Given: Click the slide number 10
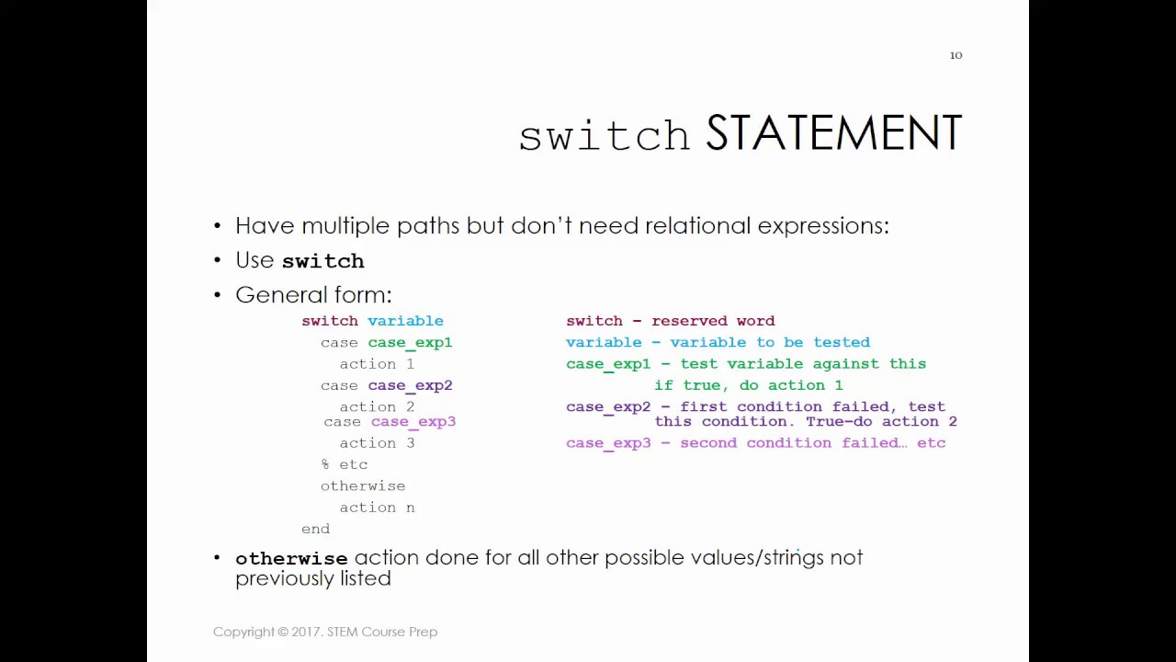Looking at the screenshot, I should click(x=955, y=55).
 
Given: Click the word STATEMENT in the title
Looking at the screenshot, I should click(x=833, y=134).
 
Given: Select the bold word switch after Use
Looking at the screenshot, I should click(x=322, y=261).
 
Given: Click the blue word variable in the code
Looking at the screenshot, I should click(x=405, y=321).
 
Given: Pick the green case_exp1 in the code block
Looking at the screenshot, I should click(x=410, y=342).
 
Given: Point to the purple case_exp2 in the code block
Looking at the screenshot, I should click(x=410, y=385).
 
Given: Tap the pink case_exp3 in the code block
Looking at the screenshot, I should click(x=413, y=421).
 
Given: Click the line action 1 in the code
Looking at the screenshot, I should click(x=377, y=364).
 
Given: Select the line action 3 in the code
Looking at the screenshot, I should click(x=377, y=443).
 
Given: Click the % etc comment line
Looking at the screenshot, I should click(x=345, y=464).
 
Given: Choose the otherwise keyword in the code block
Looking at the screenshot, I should click(x=363, y=485).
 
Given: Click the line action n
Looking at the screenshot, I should click(x=377, y=508).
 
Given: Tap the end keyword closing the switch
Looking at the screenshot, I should click(x=315, y=529).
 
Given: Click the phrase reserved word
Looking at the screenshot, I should click(x=713, y=321).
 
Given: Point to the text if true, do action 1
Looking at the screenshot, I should click(x=748, y=385).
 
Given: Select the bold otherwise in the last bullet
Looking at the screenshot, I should click(x=291, y=558).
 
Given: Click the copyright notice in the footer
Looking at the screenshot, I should click(x=325, y=632).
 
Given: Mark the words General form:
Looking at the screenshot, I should click(x=313, y=295).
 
